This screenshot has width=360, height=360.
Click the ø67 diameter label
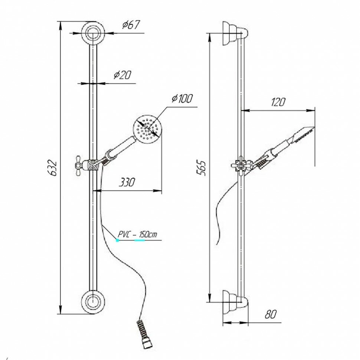click(x=130, y=25)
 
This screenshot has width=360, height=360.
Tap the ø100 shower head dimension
click(x=182, y=99)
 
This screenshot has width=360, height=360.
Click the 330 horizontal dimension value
click(x=127, y=182)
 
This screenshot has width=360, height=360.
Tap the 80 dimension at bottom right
click(x=271, y=314)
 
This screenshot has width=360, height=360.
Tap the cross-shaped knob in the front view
click(x=80, y=163)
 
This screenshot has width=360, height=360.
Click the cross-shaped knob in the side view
click(x=238, y=165)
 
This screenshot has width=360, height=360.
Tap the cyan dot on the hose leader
click(x=118, y=240)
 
